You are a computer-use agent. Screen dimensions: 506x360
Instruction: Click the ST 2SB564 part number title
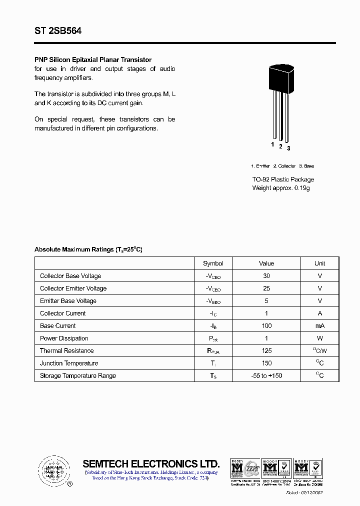pos(58,30)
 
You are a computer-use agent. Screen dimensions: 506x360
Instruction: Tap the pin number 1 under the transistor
pos(272,144)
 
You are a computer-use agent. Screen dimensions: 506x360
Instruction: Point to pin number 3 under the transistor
pos(288,148)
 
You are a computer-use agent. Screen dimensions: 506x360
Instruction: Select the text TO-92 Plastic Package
pos(283,179)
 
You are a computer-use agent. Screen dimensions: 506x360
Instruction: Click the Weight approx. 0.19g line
pos(280,188)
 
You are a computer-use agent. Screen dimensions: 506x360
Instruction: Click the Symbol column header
pos(213,263)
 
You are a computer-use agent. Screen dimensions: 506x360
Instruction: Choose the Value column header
pos(266,263)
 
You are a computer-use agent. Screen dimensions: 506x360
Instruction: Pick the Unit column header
pos(319,263)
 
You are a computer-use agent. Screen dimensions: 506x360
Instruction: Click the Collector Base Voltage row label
pos(70,276)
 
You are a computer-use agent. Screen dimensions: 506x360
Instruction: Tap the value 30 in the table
pos(266,276)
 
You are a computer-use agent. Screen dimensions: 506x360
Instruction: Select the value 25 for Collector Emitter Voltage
pos(266,288)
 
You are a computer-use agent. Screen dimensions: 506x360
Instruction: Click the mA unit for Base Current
pos(319,326)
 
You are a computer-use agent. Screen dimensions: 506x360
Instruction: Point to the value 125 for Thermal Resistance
pos(266,351)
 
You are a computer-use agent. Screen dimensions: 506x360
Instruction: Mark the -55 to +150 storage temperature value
pos(266,376)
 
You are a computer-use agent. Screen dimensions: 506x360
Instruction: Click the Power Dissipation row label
pos(64,338)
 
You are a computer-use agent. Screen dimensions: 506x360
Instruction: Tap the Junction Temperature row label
pos(69,363)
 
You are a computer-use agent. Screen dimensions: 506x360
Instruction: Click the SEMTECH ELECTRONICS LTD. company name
pos(151,463)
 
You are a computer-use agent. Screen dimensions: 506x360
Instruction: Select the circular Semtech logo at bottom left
pos(52,470)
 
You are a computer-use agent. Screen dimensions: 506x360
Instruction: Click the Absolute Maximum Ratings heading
pos(88,249)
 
